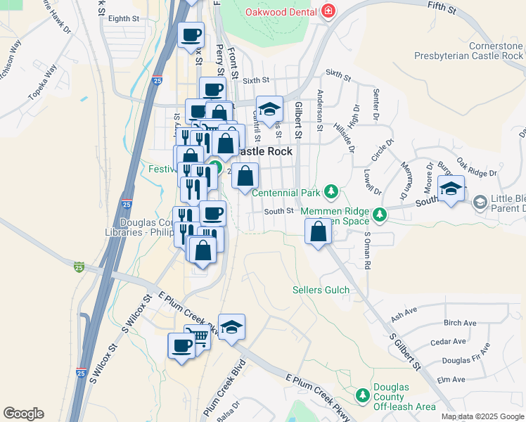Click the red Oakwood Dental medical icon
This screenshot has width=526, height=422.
pyautogui.click(x=328, y=12)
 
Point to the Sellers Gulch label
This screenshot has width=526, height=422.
pyautogui.click(x=321, y=290)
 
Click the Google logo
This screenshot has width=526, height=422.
pyautogui.click(x=23, y=414)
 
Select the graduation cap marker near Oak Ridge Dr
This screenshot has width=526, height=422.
pyautogui.click(x=451, y=188)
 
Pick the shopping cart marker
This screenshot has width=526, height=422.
pyautogui.click(x=198, y=337)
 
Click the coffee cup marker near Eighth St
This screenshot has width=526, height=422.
pyautogui.click(x=191, y=34)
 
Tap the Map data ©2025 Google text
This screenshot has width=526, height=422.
pyautogui.click(x=482, y=416)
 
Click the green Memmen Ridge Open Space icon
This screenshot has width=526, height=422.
pyautogui.click(x=380, y=214)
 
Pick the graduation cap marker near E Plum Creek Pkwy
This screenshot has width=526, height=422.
pyautogui.click(x=231, y=326)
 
